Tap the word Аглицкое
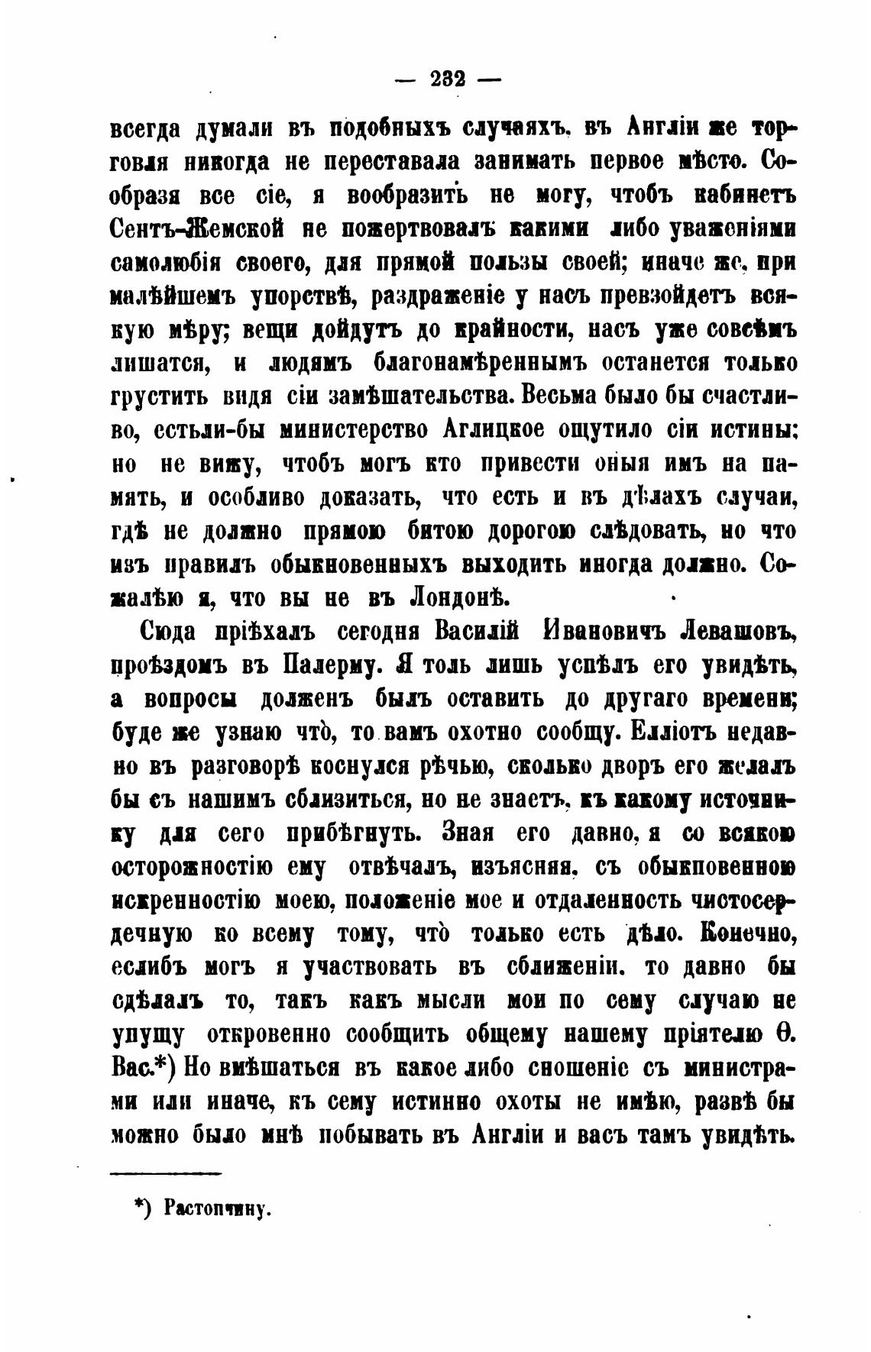[494, 430]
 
